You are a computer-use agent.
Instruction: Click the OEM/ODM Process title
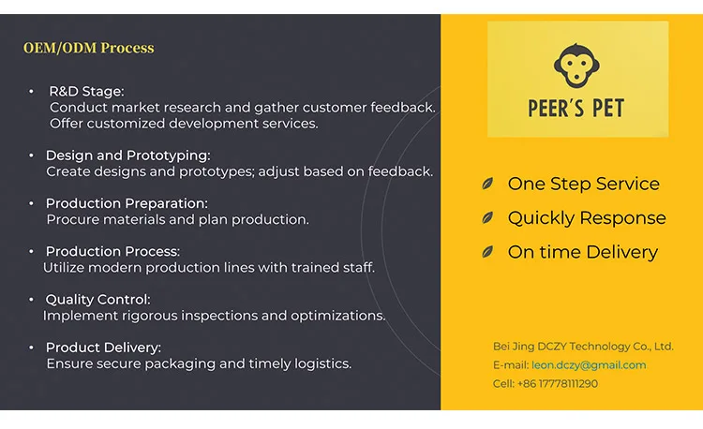pyautogui.click(x=89, y=48)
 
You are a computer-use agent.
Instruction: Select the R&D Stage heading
pyautogui.click(x=86, y=92)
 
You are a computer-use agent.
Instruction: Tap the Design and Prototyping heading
pyautogui.click(x=127, y=155)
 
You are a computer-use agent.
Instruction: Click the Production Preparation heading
pyautogui.click(x=127, y=203)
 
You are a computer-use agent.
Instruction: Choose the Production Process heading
pyautogui.click(x=112, y=251)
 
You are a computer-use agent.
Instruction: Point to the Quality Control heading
pyautogui.click(x=98, y=299)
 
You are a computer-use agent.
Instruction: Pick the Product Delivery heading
pyautogui.click(x=103, y=348)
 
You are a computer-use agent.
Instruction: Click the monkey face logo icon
pyautogui.click(x=576, y=66)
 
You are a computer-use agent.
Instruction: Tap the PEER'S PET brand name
pyautogui.click(x=576, y=109)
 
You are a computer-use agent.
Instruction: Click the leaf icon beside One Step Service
pyautogui.click(x=487, y=184)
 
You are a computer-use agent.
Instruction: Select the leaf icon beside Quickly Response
pyautogui.click(x=487, y=217)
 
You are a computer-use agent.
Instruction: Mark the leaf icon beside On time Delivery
pyautogui.click(x=487, y=252)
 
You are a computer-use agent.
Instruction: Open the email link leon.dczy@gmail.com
pyautogui.click(x=589, y=365)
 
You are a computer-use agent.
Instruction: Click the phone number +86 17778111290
pyautogui.click(x=558, y=384)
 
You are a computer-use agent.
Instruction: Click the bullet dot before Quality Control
pyautogui.click(x=31, y=300)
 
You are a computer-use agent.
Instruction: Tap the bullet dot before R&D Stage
pyautogui.click(x=31, y=92)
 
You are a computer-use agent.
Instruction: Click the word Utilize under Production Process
pyautogui.click(x=63, y=267)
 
